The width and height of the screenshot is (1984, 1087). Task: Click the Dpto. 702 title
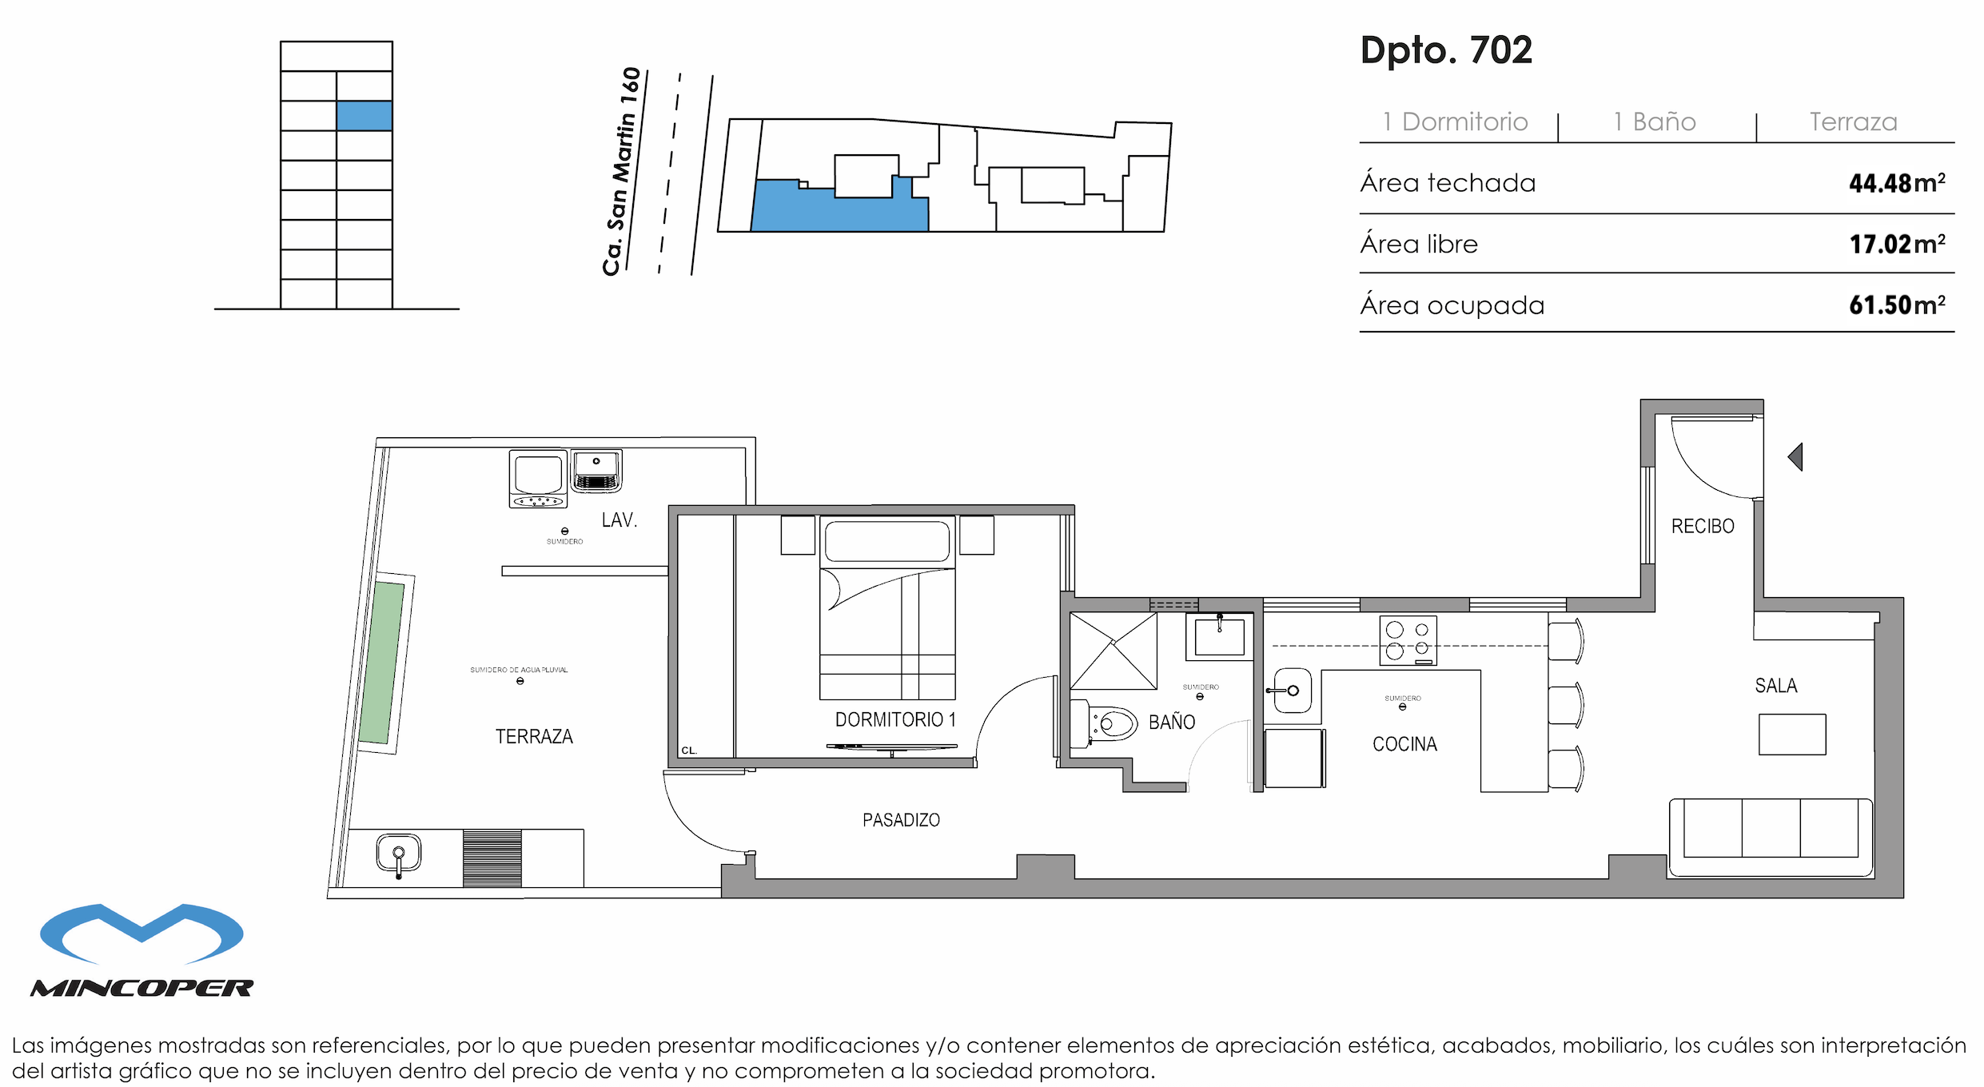[1445, 50]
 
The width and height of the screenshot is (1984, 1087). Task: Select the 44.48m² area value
[1896, 183]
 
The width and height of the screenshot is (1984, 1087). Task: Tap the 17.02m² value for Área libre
[1896, 244]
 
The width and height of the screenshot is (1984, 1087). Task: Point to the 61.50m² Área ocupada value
[1896, 305]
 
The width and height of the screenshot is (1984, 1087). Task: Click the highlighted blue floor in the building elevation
[364, 116]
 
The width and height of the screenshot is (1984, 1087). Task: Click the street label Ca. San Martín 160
[623, 171]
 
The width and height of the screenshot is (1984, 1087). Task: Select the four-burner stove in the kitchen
[1408, 640]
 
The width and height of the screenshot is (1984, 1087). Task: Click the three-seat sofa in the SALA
[1770, 835]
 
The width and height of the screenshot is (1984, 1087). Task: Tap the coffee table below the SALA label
[1791, 734]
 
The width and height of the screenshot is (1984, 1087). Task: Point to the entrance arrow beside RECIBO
[1795, 456]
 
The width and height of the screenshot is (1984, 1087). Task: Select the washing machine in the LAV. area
[538, 478]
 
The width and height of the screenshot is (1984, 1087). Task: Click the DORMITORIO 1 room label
[894, 719]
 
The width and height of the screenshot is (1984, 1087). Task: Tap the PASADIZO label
[900, 820]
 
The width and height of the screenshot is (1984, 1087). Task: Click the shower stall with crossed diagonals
[1113, 651]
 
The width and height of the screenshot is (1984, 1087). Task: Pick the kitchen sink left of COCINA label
[1291, 690]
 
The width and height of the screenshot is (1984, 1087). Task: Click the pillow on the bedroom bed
[886, 541]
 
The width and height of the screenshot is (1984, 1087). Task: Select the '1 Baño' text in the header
[1654, 121]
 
